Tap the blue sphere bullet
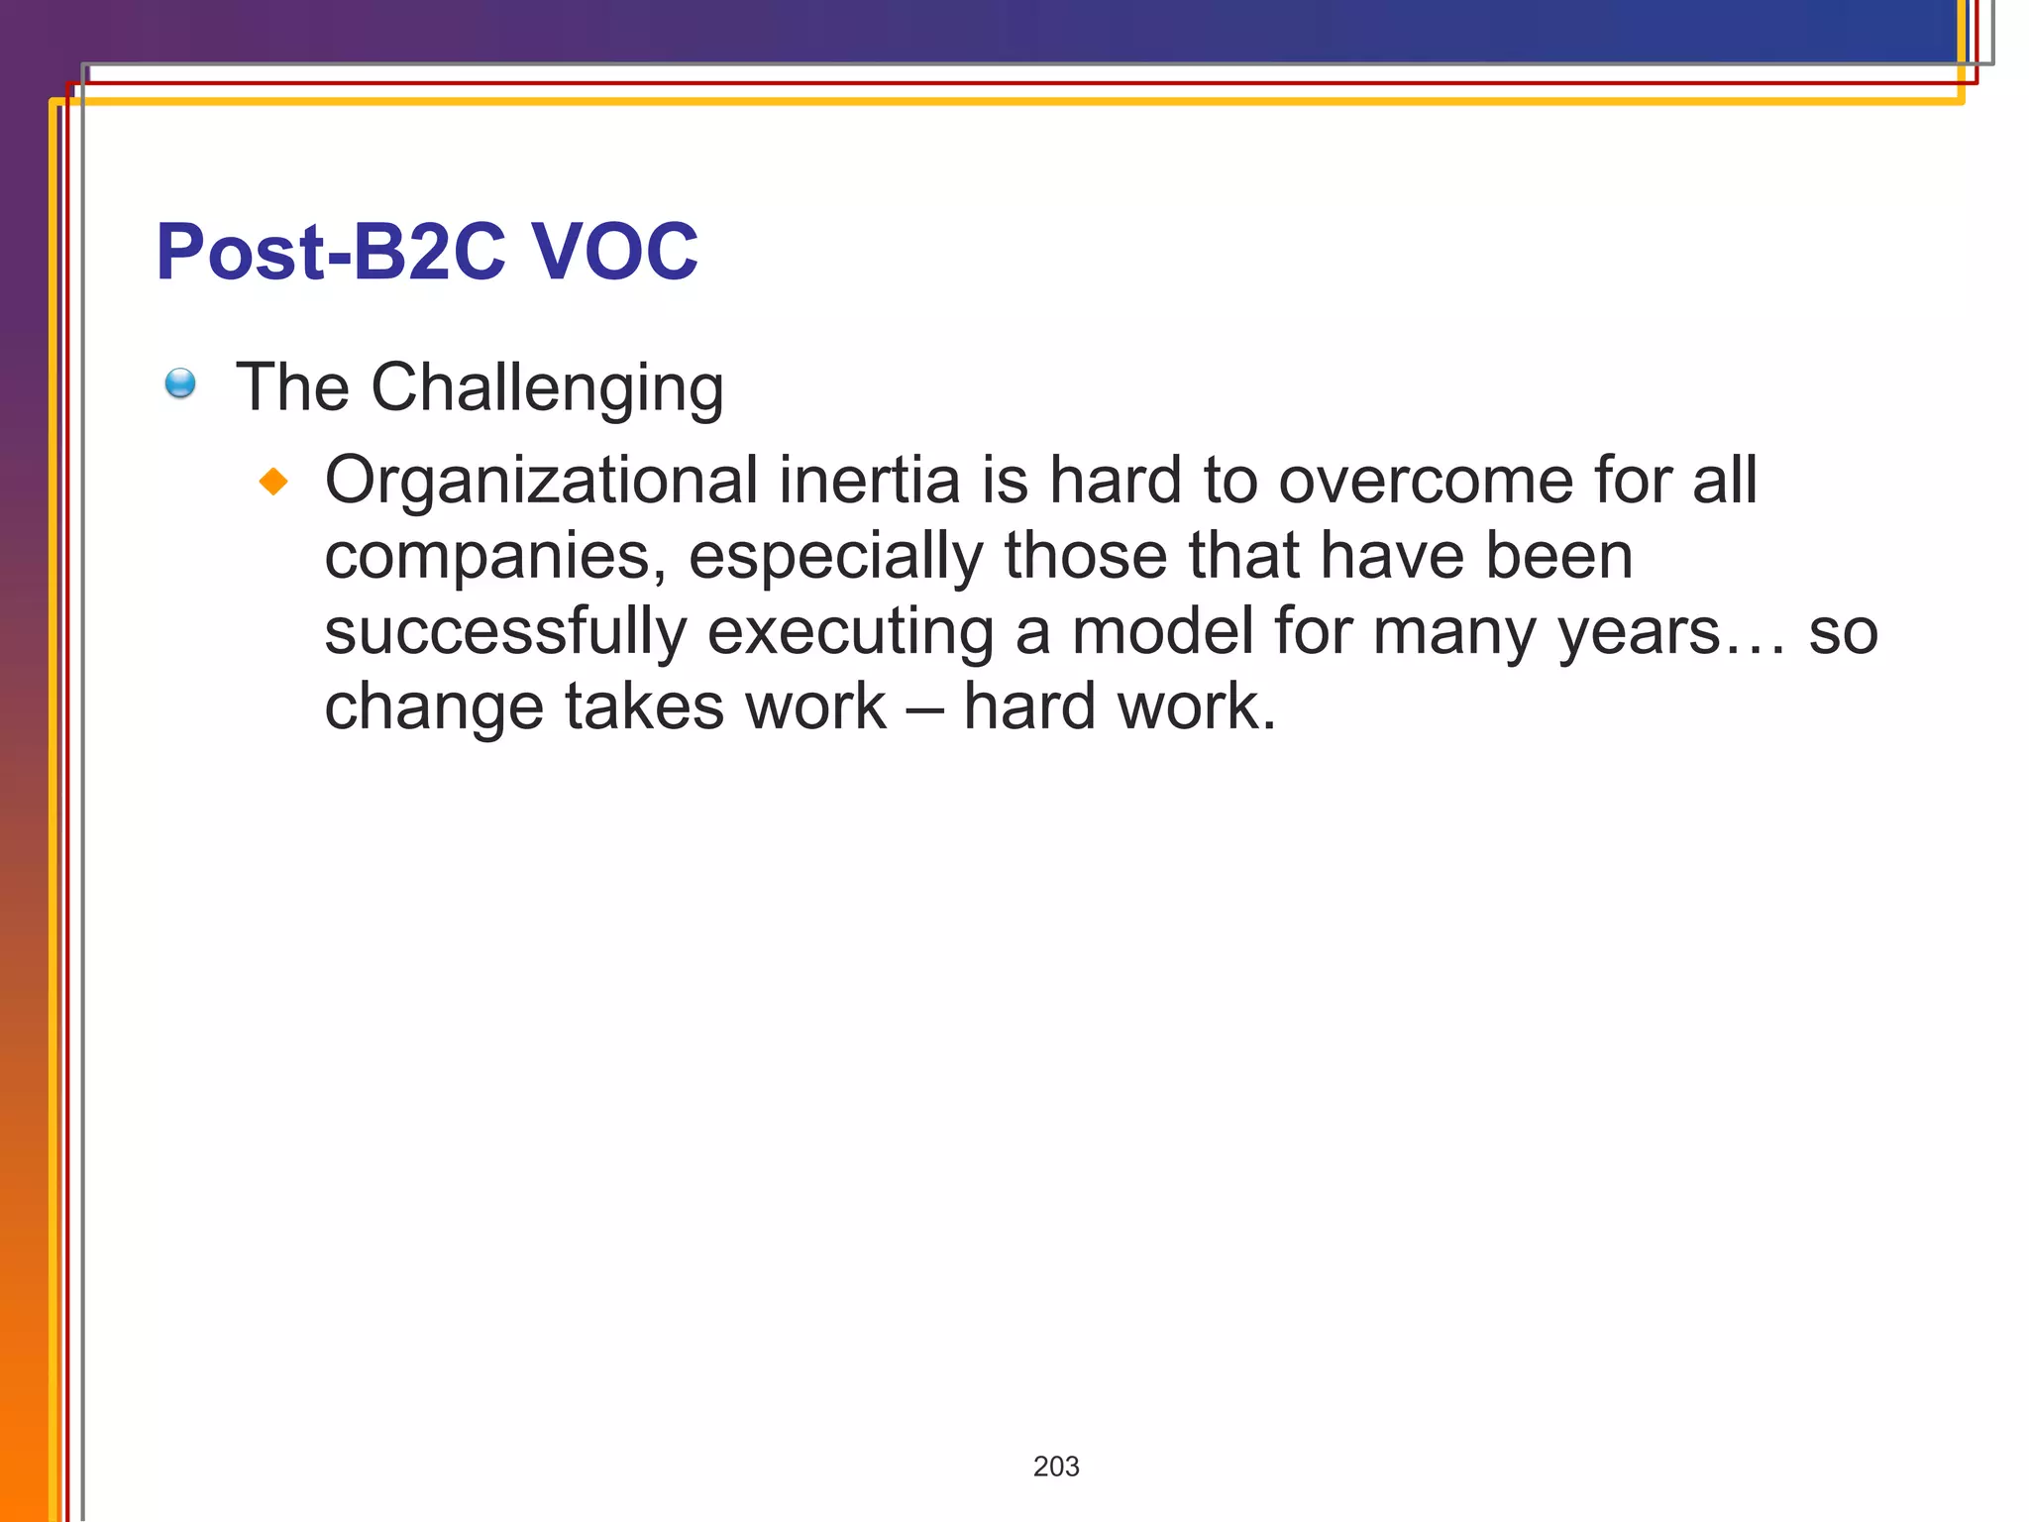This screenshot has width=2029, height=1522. pyautogui.click(x=180, y=382)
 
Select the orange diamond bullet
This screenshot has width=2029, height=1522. pyautogui.click(x=273, y=482)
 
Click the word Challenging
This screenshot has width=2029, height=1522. pyautogui.click(x=547, y=387)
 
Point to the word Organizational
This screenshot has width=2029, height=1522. pyautogui.click(x=541, y=482)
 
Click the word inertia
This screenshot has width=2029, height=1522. pyautogui.click(x=869, y=480)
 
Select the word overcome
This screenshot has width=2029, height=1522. pyautogui.click(x=1426, y=482)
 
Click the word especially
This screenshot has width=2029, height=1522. pyautogui.click(x=835, y=557)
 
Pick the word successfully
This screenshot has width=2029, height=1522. pyautogui.click(x=505, y=632)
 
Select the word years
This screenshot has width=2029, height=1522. pyautogui.click(x=1640, y=632)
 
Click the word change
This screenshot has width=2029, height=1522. pyautogui.click(x=434, y=707)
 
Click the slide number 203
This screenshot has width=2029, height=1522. pyautogui.click(x=1056, y=1467)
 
